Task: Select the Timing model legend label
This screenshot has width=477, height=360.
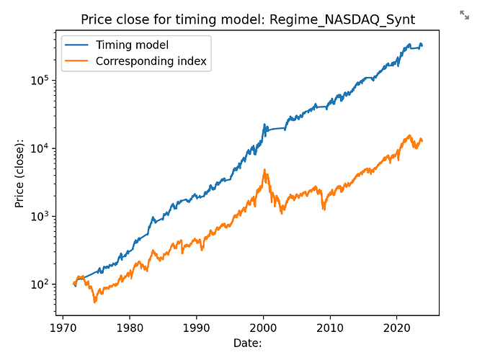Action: (132, 45)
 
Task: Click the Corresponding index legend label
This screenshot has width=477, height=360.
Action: (152, 61)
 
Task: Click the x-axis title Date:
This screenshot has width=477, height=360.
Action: (247, 343)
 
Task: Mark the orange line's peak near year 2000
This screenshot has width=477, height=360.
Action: (264, 170)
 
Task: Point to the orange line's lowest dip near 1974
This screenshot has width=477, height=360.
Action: (94, 302)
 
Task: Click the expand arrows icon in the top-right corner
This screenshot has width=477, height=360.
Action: (464, 14)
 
